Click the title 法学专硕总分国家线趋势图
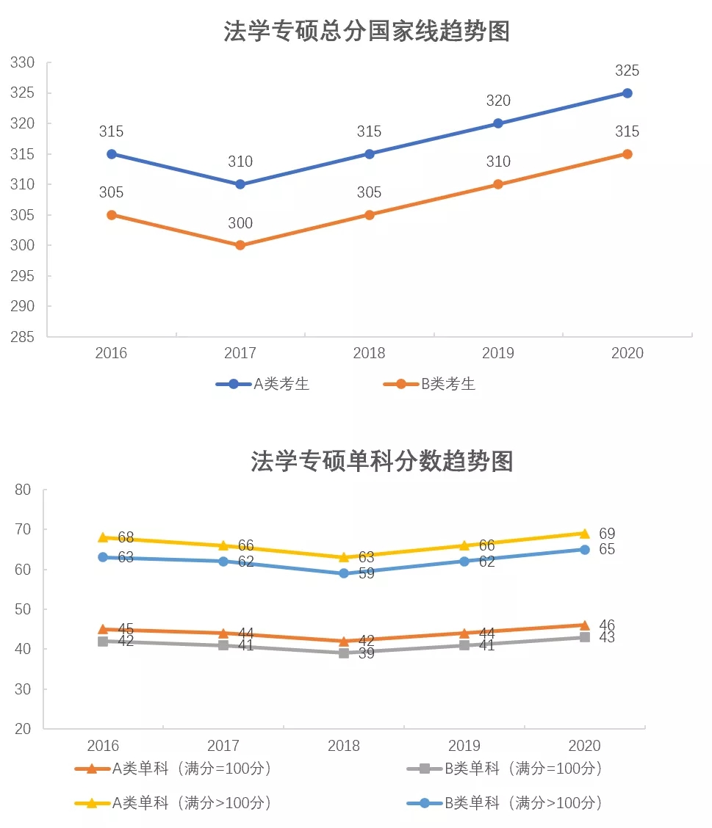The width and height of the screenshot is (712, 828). tap(367, 32)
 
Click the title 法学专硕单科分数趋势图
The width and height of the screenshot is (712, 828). tap(381, 461)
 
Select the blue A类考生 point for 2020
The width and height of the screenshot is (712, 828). tap(627, 93)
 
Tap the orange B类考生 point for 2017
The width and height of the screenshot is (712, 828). tap(240, 245)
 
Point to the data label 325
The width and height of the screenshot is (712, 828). tap(627, 71)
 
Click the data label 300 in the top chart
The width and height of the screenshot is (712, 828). tap(240, 224)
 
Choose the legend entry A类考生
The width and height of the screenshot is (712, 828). tap(262, 384)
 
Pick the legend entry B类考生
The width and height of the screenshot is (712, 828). tap(429, 384)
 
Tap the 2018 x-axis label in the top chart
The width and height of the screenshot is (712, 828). tap(369, 354)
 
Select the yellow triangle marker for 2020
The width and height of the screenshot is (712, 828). tap(584, 534)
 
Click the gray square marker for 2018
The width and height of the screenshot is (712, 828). tap(344, 653)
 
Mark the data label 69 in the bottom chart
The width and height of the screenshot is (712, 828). tap(607, 534)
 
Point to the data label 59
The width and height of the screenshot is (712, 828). tap(366, 574)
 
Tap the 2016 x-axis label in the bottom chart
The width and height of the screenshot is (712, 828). tap(103, 746)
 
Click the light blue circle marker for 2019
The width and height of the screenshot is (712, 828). tap(464, 562)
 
